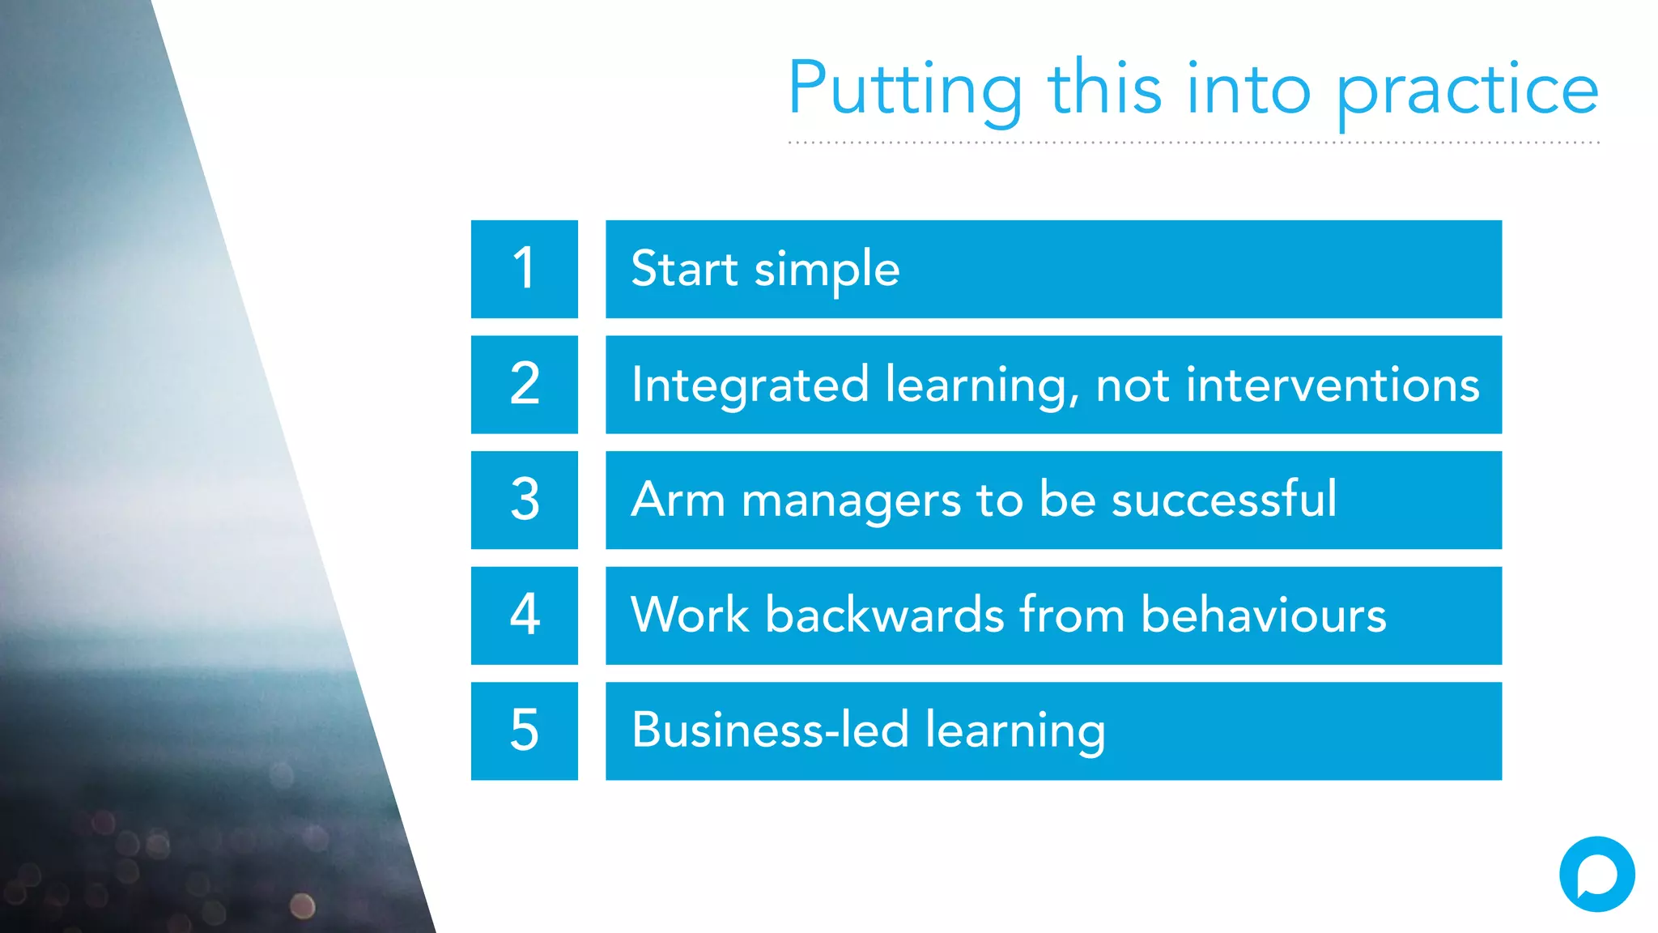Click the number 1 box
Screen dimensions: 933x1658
[525, 269]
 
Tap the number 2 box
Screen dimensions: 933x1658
[525, 385]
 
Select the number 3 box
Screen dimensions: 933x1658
[525, 500]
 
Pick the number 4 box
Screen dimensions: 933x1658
[525, 616]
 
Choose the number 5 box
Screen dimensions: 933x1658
[525, 731]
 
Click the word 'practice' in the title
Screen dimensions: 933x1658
[1467, 91]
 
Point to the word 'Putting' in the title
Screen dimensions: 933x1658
[905, 91]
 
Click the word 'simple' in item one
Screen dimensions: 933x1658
[827, 270]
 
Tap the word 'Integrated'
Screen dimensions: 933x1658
[750, 385]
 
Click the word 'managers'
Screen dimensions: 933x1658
[851, 501]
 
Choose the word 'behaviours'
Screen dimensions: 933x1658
[1263, 615]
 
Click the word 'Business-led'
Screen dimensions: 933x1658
[770, 730]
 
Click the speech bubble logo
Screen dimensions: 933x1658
[1596, 874]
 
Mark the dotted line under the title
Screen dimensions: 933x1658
[1193, 143]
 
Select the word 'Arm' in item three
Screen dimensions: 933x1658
[678, 500]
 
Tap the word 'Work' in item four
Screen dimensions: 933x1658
[690, 615]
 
